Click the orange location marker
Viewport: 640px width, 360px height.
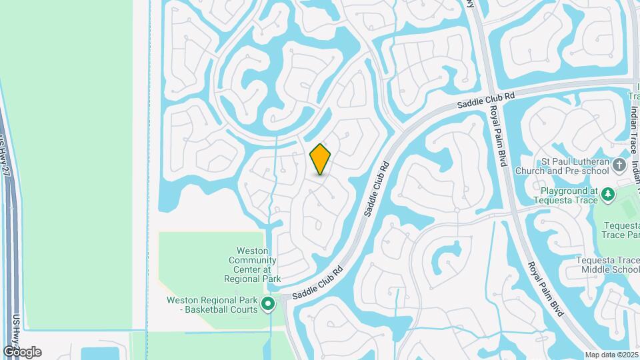(x=321, y=159)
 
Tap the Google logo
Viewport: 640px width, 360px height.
(x=22, y=352)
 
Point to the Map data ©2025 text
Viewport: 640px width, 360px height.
(x=612, y=355)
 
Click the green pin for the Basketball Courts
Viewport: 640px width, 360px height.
(x=268, y=305)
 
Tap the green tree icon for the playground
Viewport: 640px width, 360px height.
(x=607, y=194)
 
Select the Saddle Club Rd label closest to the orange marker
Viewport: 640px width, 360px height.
(x=375, y=190)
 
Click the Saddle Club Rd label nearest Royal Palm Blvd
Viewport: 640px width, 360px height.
(x=486, y=99)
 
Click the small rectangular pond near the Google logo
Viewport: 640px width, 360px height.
(x=100, y=353)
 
